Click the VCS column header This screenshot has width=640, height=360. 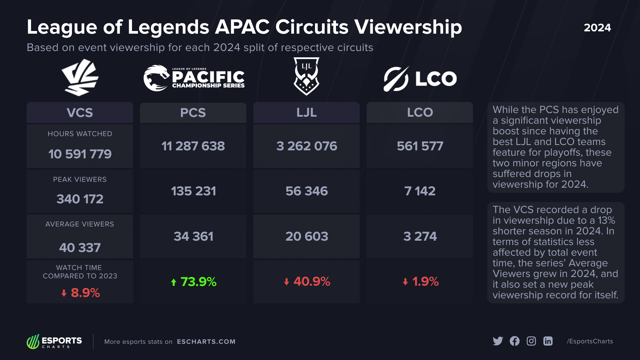click(x=80, y=113)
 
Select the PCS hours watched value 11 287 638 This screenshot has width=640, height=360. click(x=193, y=146)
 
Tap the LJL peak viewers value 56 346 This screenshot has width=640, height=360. click(x=306, y=191)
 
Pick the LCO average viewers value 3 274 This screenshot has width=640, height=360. click(x=420, y=236)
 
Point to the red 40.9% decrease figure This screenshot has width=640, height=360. click(x=307, y=282)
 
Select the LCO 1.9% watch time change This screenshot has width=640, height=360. click(x=420, y=282)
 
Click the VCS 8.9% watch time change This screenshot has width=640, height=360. click(x=81, y=293)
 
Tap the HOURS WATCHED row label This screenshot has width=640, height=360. click(x=80, y=134)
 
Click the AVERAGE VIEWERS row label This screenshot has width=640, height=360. click(x=80, y=224)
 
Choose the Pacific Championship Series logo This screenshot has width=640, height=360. click(x=194, y=78)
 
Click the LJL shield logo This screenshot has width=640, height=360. click(x=306, y=76)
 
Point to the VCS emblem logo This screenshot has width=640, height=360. click(x=80, y=77)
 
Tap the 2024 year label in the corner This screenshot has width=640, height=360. click(x=597, y=28)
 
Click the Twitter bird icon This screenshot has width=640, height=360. click(x=498, y=341)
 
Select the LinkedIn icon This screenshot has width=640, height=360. click(x=548, y=341)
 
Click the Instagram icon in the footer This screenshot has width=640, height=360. click(x=531, y=341)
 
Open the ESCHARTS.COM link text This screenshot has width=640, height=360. click(x=206, y=342)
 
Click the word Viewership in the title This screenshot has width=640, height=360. click(x=408, y=27)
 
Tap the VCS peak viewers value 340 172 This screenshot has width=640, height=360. click(x=80, y=199)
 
